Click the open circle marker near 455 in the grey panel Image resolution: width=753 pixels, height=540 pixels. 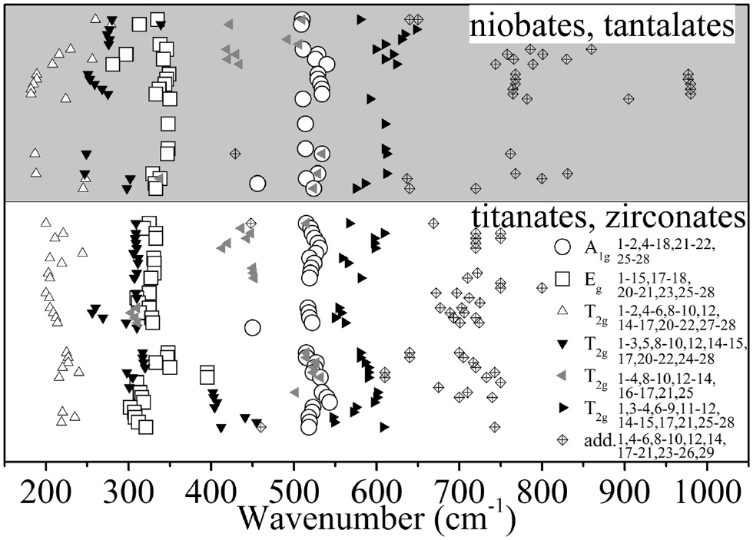coord(257,183)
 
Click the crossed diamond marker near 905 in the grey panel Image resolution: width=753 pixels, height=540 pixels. coord(629,98)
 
